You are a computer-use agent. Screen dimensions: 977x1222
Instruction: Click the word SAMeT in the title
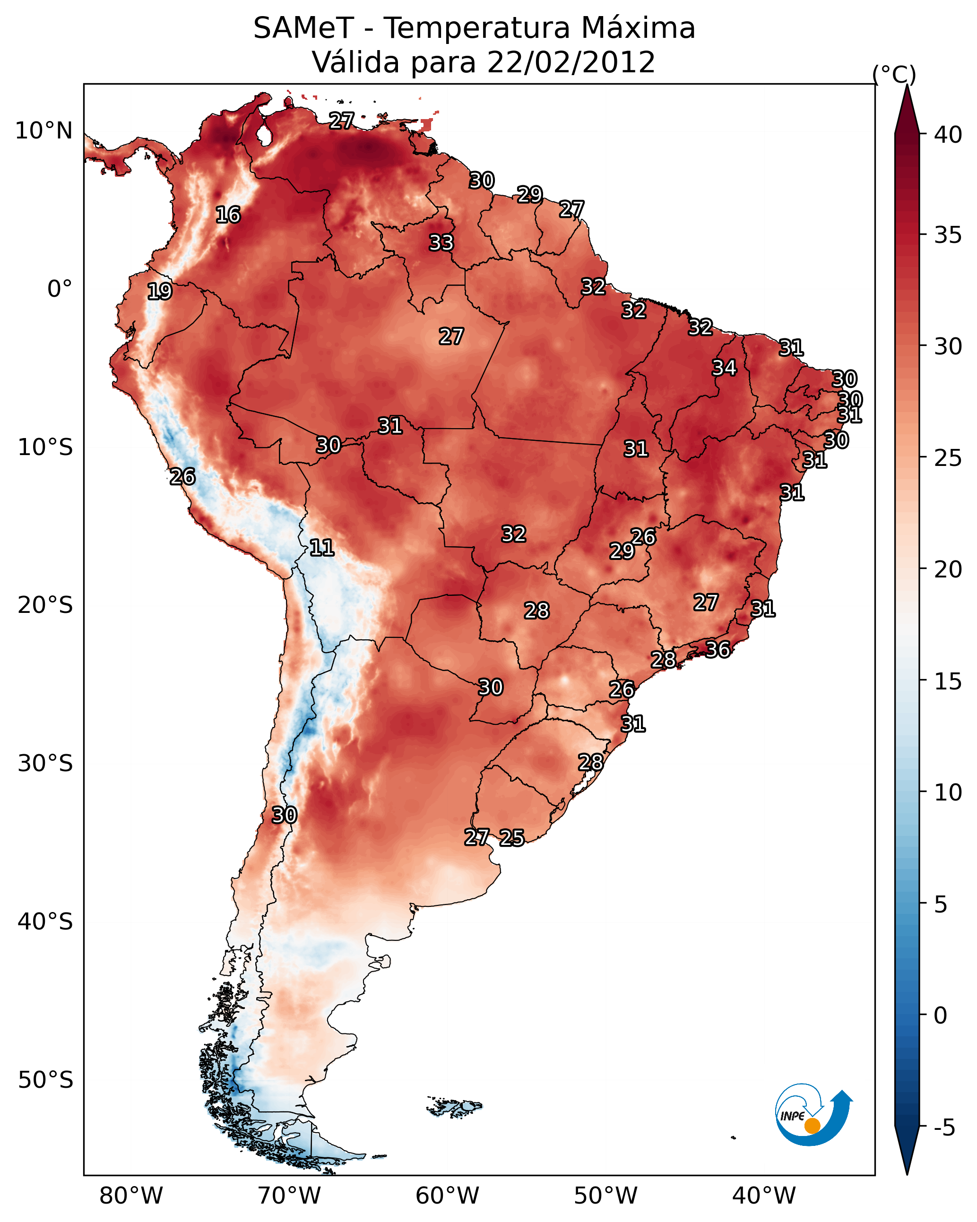303,28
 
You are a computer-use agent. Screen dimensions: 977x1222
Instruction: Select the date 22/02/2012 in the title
571,62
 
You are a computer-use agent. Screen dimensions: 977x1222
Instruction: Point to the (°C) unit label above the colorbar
894,75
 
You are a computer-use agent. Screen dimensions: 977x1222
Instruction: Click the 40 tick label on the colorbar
948,135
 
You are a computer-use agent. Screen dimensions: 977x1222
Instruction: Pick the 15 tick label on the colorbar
948,681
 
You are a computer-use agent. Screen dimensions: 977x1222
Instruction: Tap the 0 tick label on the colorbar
941,1015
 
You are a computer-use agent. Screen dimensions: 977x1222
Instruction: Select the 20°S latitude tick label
45,605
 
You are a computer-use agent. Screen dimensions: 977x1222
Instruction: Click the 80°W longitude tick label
131,1196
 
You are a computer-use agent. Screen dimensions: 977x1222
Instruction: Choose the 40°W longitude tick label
764,1196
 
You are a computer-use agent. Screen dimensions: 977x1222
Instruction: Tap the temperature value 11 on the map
321,548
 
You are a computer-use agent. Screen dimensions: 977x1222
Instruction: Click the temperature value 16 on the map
228,215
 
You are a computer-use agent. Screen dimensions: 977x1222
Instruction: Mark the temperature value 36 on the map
718,650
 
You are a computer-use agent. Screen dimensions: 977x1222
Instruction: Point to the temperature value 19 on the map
159,292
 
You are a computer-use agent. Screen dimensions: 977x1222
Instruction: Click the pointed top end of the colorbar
907,86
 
